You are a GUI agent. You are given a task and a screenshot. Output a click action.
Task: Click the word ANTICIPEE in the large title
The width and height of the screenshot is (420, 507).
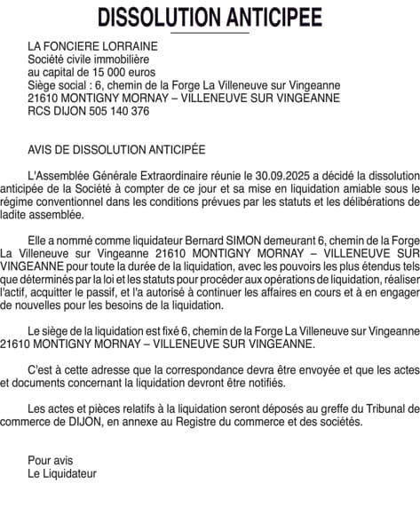coord(268,17)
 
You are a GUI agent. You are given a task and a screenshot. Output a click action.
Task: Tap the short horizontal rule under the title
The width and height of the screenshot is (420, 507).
coord(210,33)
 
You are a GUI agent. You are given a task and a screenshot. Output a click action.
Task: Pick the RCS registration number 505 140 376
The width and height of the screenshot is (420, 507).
coord(111,112)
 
